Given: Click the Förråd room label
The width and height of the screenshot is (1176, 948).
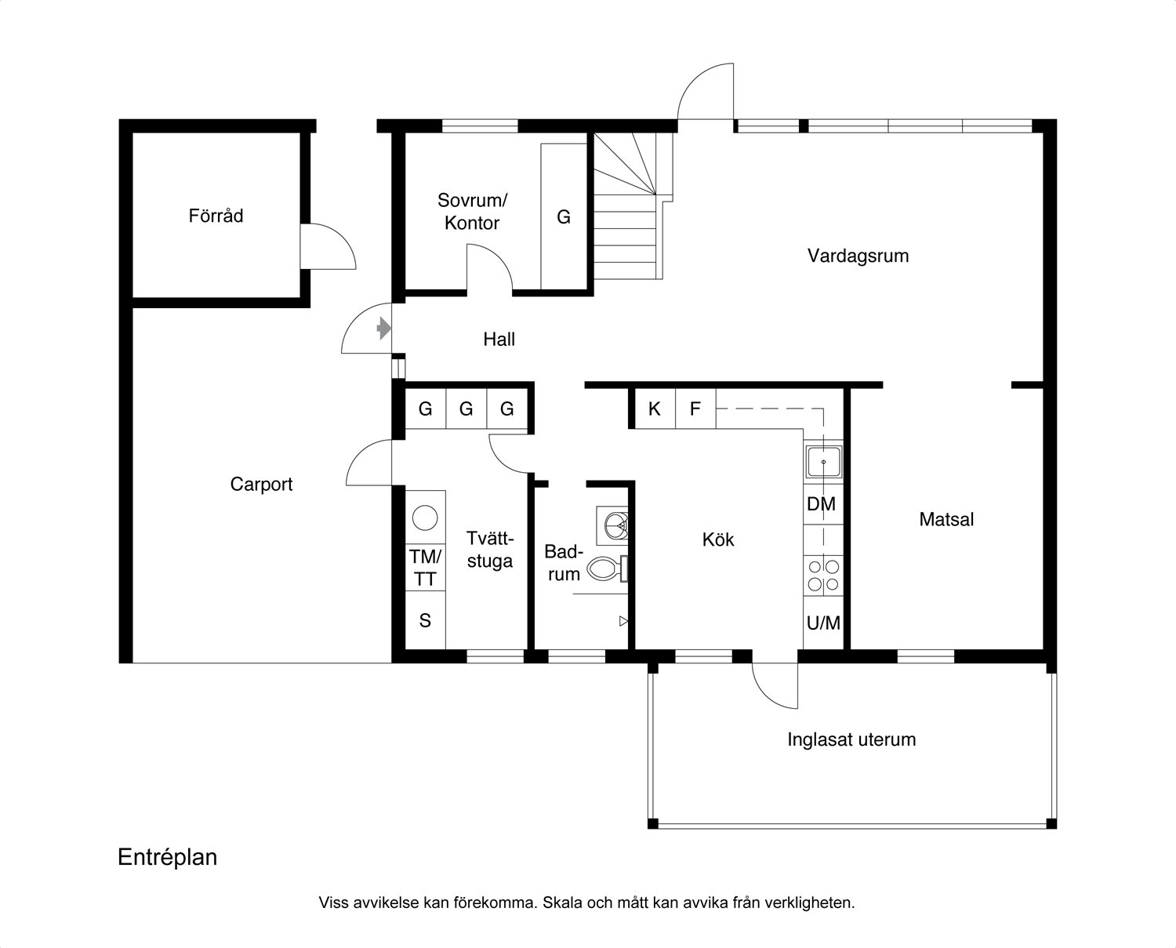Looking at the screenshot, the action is pos(216,216).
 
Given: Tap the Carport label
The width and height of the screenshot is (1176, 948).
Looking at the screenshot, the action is pos(261,485).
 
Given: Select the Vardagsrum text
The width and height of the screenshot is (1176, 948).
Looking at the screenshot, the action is pos(858,256).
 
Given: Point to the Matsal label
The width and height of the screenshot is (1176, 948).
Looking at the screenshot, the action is pos(946,519).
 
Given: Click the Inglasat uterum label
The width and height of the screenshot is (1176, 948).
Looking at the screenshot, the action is pos(851,739).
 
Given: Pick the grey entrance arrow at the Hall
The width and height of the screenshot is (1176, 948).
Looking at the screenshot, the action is pos(383,329).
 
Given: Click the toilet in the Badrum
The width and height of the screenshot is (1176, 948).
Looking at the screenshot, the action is pos(607,568).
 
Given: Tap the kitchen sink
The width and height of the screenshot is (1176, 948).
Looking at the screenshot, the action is pos(823,462).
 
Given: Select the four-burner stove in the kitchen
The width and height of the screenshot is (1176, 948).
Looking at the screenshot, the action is pos(823,576).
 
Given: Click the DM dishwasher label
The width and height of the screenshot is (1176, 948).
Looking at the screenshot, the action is pos(822,504).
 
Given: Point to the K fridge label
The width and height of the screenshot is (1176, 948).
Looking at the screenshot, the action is pos(654,409).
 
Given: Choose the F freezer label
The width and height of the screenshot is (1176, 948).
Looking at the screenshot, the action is pos(695,409).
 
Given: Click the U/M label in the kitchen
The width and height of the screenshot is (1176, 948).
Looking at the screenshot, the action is pos(823,623).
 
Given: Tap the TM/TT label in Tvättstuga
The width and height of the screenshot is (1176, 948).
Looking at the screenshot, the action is pos(425,568).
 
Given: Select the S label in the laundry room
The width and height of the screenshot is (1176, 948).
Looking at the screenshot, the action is pos(425,620).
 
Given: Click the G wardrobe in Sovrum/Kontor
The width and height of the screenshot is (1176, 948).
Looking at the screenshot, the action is pos(564,217).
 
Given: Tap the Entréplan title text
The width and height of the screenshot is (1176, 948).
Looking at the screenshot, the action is pos(167,857).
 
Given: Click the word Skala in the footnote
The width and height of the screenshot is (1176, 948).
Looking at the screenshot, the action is pos(562,903).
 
